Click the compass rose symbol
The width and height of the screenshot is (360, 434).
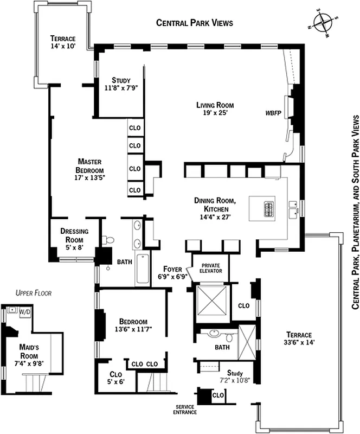[x=324, y=23]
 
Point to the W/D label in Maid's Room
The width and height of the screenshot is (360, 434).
[x=25, y=312]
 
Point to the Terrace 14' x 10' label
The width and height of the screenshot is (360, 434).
[x=62, y=42]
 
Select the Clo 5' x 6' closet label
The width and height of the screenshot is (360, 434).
[x=116, y=378]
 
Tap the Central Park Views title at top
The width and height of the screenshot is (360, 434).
[x=194, y=23]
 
